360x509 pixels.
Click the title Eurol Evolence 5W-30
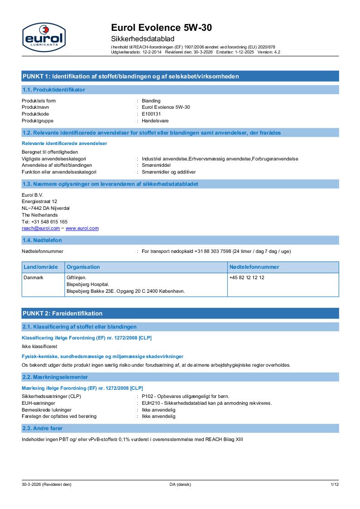pyautogui.click(x=161, y=28)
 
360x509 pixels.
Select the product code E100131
pyautogui.click(x=151, y=114)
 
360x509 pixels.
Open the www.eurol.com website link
pyautogui.click(x=82, y=228)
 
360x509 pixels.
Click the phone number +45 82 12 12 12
pyautogui.click(x=247, y=277)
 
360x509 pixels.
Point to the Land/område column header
pyautogui.click(x=41, y=267)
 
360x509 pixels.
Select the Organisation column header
pyautogui.click(x=83, y=267)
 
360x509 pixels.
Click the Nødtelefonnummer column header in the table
pyautogui.click(x=254, y=267)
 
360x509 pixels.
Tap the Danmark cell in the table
pyautogui.click(x=34, y=277)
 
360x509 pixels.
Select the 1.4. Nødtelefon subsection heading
pyautogui.click(x=42, y=240)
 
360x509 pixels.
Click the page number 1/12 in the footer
pyautogui.click(x=334, y=485)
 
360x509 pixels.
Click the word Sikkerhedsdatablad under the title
pyautogui.click(x=142, y=39)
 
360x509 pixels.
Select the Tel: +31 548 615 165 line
pyautogui.click(x=45, y=222)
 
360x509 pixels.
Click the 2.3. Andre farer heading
pyautogui.click(x=43, y=428)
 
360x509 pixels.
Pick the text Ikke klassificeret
pyautogui.click(x=39, y=346)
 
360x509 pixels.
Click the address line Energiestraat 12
pyautogui.click(x=39, y=201)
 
